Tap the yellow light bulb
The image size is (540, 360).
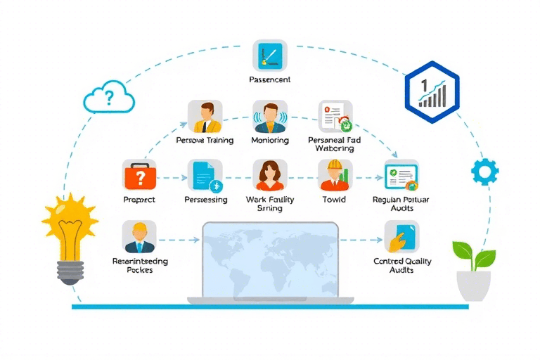(x=70, y=236)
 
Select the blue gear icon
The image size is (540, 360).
(x=484, y=171)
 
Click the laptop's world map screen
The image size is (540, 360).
(x=270, y=260)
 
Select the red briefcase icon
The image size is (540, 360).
(x=139, y=175)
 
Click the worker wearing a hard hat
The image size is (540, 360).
(x=335, y=175)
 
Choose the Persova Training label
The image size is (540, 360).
(x=204, y=141)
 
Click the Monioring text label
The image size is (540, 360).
(x=269, y=141)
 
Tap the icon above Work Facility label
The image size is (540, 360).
(x=269, y=175)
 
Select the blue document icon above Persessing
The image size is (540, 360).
(x=205, y=175)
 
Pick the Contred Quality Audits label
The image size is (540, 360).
(x=403, y=266)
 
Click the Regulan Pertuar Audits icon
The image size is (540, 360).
(x=401, y=175)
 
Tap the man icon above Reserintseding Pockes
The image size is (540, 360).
(x=139, y=236)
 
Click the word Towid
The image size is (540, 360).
(x=335, y=200)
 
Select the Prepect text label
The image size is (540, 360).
(x=139, y=200)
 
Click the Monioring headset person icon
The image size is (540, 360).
(x=269, y=116)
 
